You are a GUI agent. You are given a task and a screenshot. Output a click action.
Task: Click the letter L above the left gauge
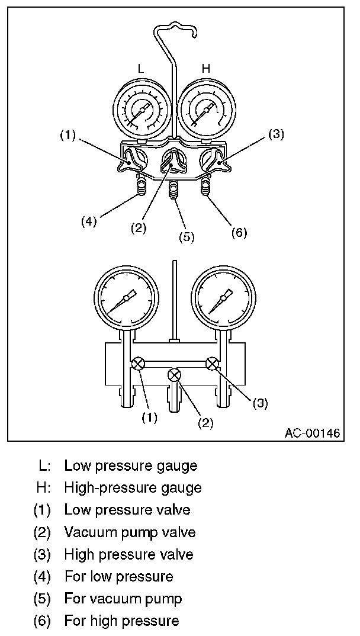pyautogui.click(x=141, y=69)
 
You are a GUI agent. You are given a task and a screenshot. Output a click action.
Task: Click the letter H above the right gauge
pyautogui.click(x=206, y=69)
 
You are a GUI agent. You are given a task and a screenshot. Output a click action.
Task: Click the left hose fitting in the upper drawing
pyautogui.click(x=142, y=189)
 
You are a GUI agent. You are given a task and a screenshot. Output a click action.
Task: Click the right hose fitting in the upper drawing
pyautogui.click(x=205, y=188)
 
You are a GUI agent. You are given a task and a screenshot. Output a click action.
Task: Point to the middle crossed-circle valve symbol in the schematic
pyautogui.click(x=175, y=374)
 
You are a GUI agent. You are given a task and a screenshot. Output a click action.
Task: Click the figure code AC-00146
pyautogui.click(x=312, y=433)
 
